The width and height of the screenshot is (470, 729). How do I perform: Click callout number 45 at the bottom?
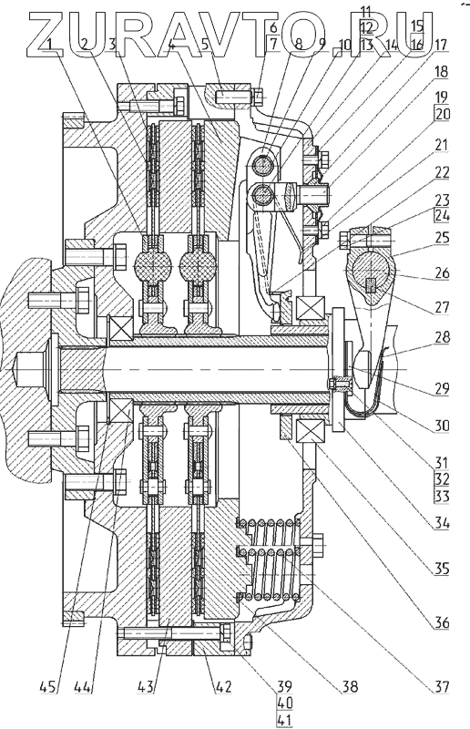point(47,686)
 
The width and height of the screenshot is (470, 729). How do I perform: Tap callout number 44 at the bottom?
point(83,686)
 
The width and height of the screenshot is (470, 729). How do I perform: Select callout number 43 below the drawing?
point(146,686)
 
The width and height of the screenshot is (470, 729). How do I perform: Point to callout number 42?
point(223,686)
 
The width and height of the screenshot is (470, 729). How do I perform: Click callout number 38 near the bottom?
point(350,686)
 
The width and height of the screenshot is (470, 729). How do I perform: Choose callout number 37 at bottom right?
point(441,686)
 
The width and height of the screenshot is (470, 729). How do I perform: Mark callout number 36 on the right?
point(441,622)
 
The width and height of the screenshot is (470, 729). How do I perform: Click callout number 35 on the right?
point(441,569)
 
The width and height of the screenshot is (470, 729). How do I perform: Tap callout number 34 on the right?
point(441,523)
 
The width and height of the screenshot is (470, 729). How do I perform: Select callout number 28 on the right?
point(441,336)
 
